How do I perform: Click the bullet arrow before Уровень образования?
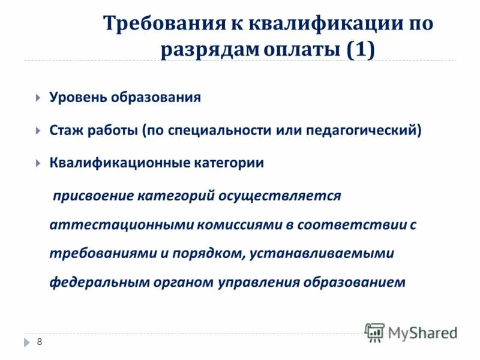pos(38,98)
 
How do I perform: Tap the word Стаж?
pos(66,130)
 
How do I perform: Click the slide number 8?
pos(40,342)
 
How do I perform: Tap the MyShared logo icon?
pos(375,332)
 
